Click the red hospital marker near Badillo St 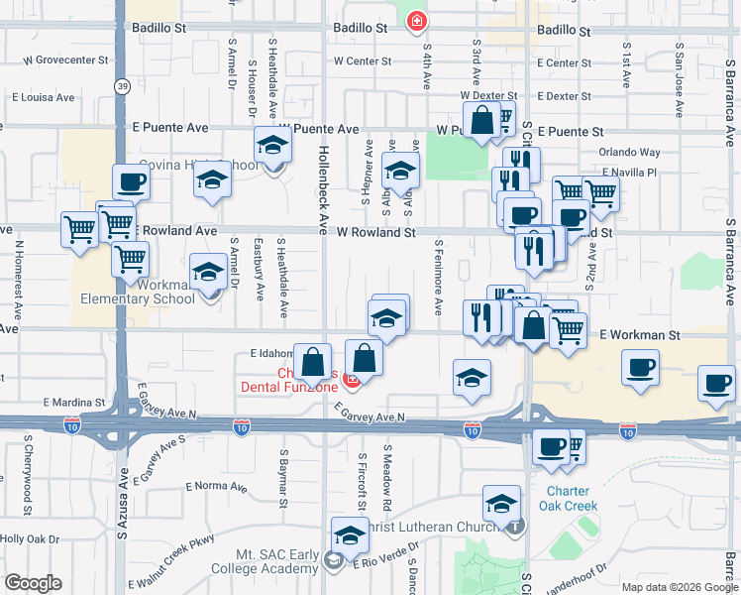click(417, 20)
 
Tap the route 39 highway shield click(120, 85)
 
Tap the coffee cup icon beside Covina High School click(131, 181)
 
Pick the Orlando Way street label click(629, 153)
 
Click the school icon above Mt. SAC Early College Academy click(349, 536)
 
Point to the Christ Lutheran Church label click(436, 527)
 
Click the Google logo click(33, 582)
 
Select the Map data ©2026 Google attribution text click(679, 586)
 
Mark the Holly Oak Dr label click(30, 538)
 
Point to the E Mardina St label click(73, 403)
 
